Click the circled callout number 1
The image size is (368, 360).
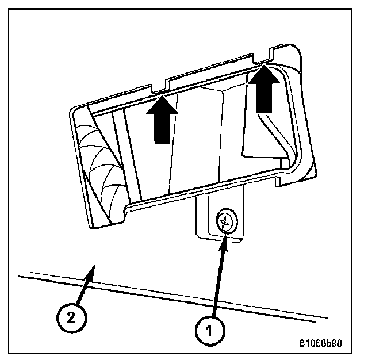click(208, 330)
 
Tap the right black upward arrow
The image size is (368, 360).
click(263, 89)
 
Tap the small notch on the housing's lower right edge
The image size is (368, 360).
click(279, 181)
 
